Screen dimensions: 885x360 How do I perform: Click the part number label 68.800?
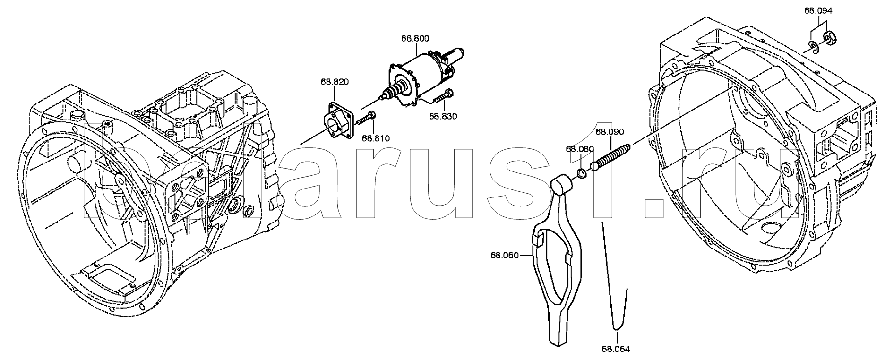(415, 39)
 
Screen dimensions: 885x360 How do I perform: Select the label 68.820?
(335, 82)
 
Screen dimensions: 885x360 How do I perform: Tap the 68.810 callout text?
(376, 138)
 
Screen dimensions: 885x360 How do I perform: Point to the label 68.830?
(443, 116)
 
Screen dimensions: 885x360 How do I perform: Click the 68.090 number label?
(610, 131)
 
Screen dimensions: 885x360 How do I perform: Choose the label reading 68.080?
(580, 149)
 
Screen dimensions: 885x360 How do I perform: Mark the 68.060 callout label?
(505, 256)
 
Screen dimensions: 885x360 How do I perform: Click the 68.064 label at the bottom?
(616, 349)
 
